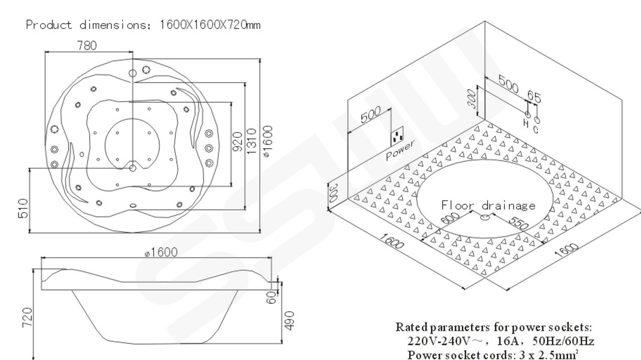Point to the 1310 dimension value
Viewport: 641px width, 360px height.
tap(252, 140)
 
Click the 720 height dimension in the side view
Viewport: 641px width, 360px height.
tap(28, 316)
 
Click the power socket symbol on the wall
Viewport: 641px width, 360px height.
tap(399, 136)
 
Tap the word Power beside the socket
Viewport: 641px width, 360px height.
tap(401, 149)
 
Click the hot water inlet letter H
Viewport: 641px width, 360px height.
tap(526, 123)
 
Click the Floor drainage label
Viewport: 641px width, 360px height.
tap(488, 205)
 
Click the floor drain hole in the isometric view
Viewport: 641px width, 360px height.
tap(485, 217)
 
